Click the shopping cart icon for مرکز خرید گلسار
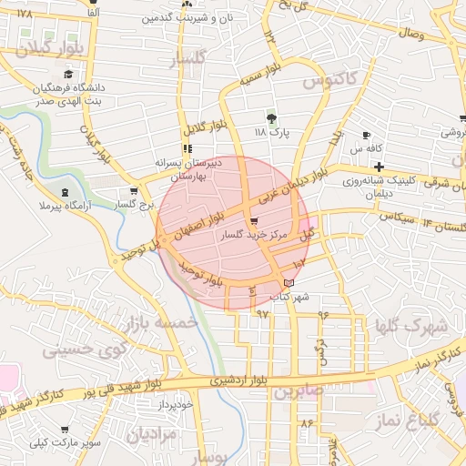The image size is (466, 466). (x=253, y=221)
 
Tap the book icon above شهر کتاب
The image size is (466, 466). (x=289, y=284)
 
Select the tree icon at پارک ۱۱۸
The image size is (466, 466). (x=271, y=118)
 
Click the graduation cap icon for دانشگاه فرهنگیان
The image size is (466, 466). (x=68, y=75)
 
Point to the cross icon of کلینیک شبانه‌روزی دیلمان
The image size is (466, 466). (x=379, y=167)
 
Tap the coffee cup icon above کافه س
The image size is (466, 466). (x=366, y=136)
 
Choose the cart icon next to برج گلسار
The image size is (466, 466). (x=135, y=191)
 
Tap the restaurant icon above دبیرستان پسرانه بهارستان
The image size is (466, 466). (x=187, y=148)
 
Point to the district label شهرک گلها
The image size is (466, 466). (x=411, y=325)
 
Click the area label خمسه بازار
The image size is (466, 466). (x=164, y=322)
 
